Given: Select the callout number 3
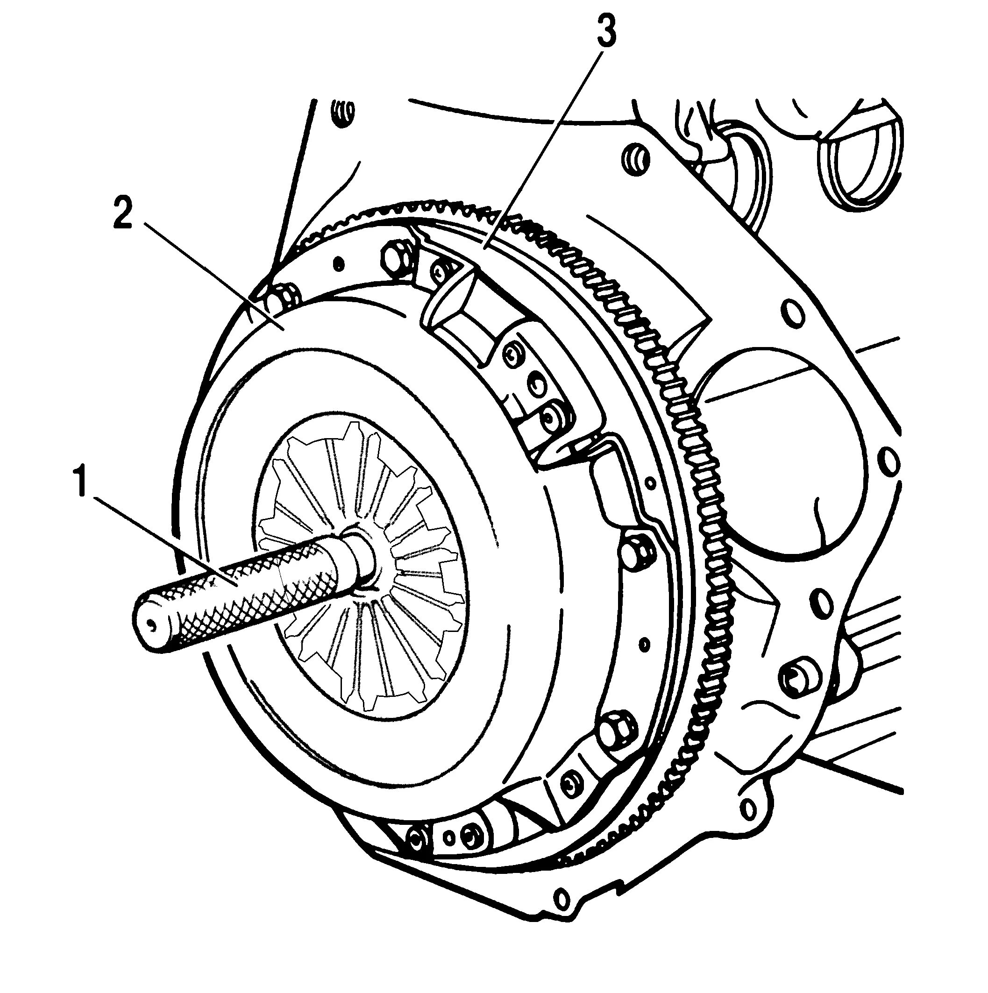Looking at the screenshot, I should (x=605, y=31).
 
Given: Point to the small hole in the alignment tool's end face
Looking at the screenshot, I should (x=150, y=625).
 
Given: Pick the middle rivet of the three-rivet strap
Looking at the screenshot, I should (x=537, y=383).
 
